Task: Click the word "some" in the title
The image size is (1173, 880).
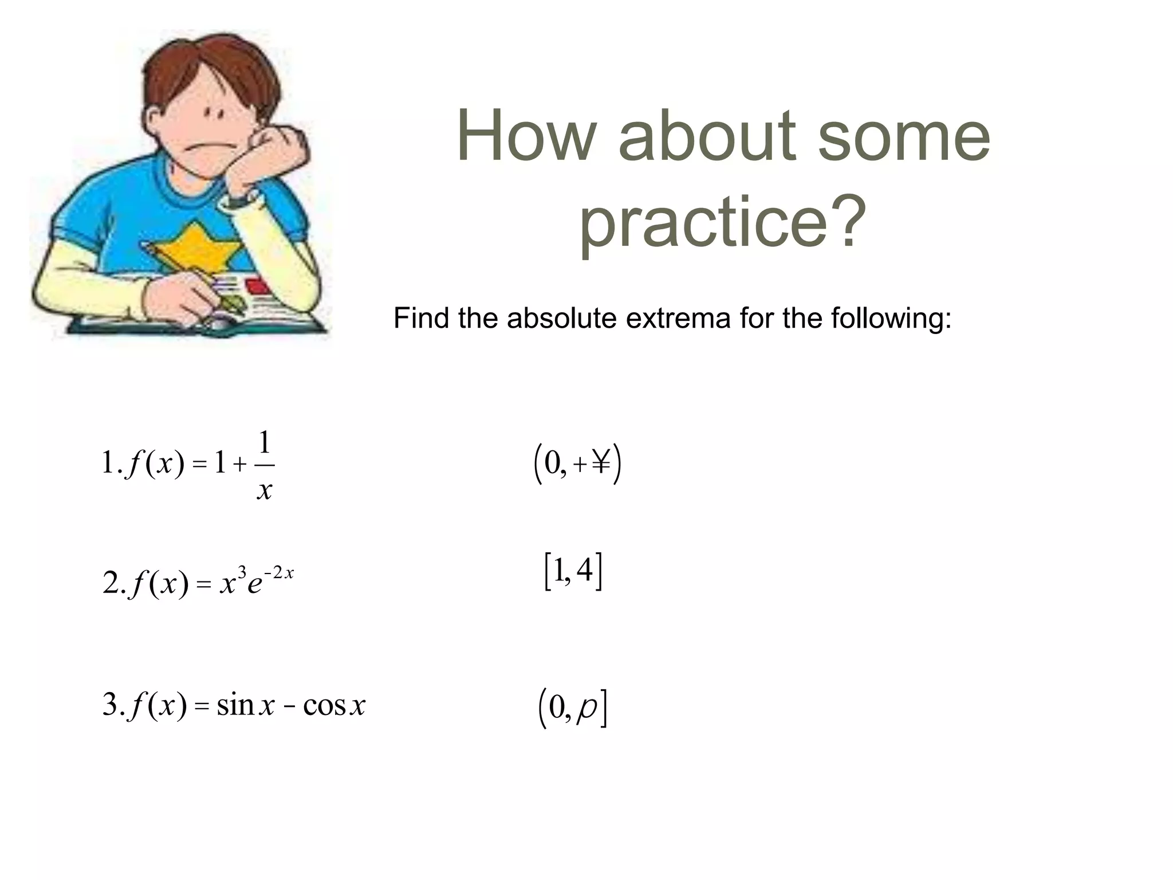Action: click(x=903, y=137)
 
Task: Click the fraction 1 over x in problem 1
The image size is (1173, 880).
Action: click(x=264, y=465)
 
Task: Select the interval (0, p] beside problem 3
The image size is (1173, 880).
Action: click(x=573, y=708)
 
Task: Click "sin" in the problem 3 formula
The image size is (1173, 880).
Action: click(x=235, y=704)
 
